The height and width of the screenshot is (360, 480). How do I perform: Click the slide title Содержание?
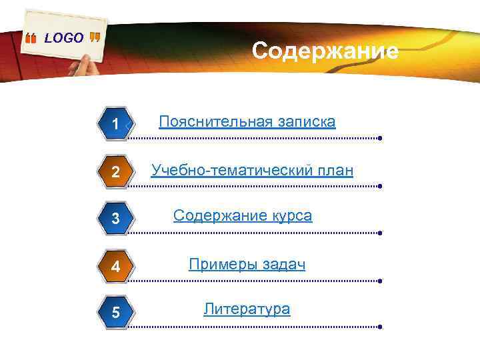click(x=325, y=51)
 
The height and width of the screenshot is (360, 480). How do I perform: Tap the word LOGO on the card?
click(x=64, y=38)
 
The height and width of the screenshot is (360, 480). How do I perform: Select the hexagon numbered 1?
click(x=115, y=124)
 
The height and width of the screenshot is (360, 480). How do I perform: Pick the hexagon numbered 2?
click(x=115, y=172)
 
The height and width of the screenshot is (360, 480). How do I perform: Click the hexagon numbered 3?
click(x=115, y=219)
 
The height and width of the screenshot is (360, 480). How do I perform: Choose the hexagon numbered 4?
click(x=115, y=267)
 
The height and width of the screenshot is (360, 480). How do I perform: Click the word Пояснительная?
click(x=215, y=122)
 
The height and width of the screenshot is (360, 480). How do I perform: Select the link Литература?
click(x=247, y=309)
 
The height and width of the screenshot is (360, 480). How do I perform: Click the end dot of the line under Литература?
click(x=379, y=327)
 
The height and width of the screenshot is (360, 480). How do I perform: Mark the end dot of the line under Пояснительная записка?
click(x=379, y=139)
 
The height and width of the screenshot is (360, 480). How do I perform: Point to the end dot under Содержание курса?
click(x=379, y=234)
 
